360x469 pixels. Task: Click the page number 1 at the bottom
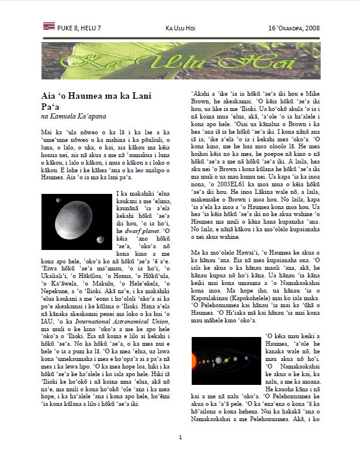pos(181,453)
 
